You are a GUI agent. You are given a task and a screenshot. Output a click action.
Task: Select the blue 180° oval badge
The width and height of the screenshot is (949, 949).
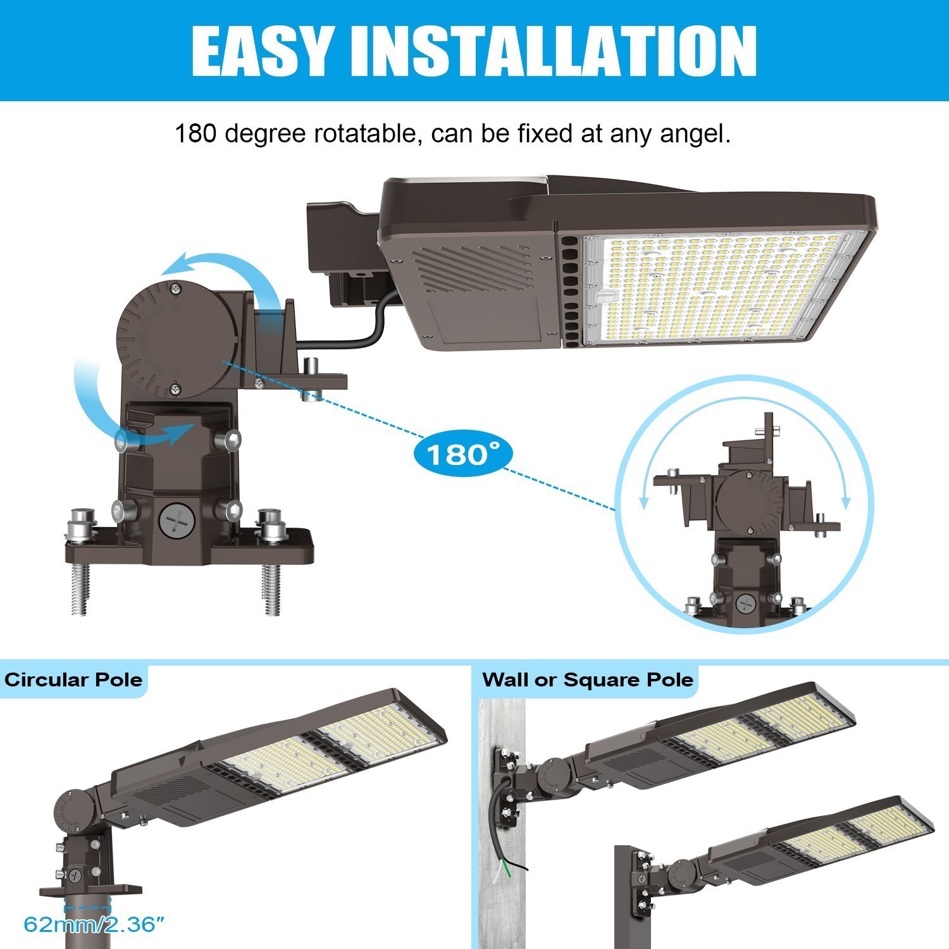pos(462,454)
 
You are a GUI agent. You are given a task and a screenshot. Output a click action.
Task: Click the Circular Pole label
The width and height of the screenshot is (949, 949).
pos(73,680)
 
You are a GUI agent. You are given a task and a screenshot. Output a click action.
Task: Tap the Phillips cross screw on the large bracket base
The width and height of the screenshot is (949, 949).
pos(172,523)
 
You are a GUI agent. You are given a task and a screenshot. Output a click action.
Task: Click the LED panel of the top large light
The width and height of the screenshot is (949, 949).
pos(715,288)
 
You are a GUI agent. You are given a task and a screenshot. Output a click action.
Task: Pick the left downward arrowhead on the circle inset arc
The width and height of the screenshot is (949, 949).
pos(644,504)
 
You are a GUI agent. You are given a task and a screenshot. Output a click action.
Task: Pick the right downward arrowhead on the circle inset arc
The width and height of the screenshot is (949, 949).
pos(847,504)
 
